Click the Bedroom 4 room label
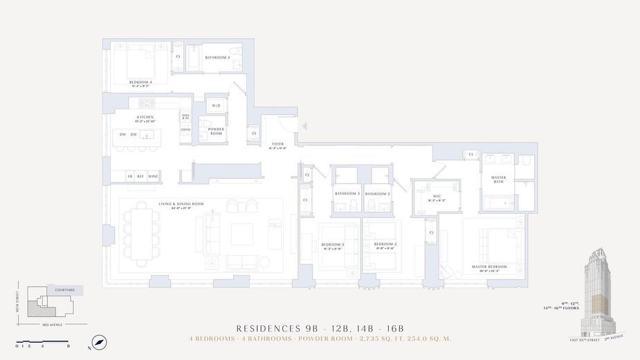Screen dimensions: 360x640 pos(140,82)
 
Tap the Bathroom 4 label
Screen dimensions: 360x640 pos(217,57)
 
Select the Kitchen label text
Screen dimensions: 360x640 pos(145,118)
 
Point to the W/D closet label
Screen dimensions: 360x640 pos(216,106)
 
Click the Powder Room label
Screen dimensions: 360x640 pos(216,132)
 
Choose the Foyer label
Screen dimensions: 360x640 pos(277,144)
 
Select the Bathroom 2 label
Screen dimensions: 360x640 pos(377,194)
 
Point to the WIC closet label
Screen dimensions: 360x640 pos(437,197)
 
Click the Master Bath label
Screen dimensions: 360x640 pos(498,179)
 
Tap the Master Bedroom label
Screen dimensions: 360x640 pos(489,267)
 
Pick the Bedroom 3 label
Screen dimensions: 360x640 pos(333,244)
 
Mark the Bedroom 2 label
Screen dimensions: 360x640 pos(385,244)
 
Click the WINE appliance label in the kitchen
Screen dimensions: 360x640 pos(153,177)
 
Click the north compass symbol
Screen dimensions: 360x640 pos(100,343)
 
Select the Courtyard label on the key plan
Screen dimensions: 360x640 pos(65,290)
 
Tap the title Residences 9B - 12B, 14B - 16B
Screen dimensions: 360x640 pos(320,328)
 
